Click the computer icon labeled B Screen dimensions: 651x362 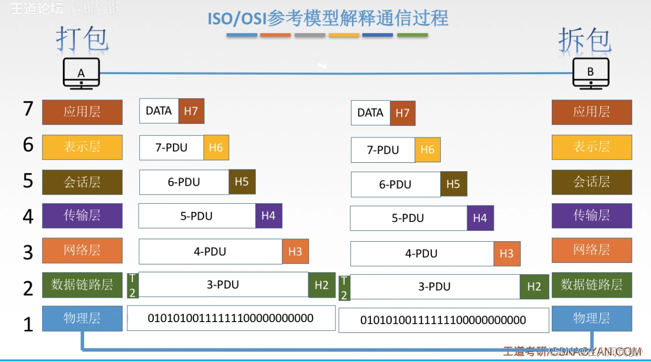point(590,73)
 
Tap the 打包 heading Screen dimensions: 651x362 point(82,39)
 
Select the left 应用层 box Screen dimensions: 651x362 point(82,112)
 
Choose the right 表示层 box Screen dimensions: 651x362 point(592,147)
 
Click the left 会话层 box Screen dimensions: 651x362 point(82,182)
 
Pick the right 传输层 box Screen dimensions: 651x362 point(592,216)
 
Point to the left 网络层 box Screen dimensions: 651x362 point(82,250)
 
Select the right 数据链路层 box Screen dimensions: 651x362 point(592,285)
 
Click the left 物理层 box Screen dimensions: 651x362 point(82,318)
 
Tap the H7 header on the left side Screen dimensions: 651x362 point(191,111)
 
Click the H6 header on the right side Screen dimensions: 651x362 point(427,150)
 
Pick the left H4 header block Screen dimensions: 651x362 point(268,216)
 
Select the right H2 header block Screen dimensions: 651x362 point(534,287)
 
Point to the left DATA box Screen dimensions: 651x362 point(159,111)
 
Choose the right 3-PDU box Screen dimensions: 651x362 point(435,287)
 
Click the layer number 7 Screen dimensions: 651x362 point(29,109)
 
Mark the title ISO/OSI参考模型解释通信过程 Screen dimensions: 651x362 point(328,19)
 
